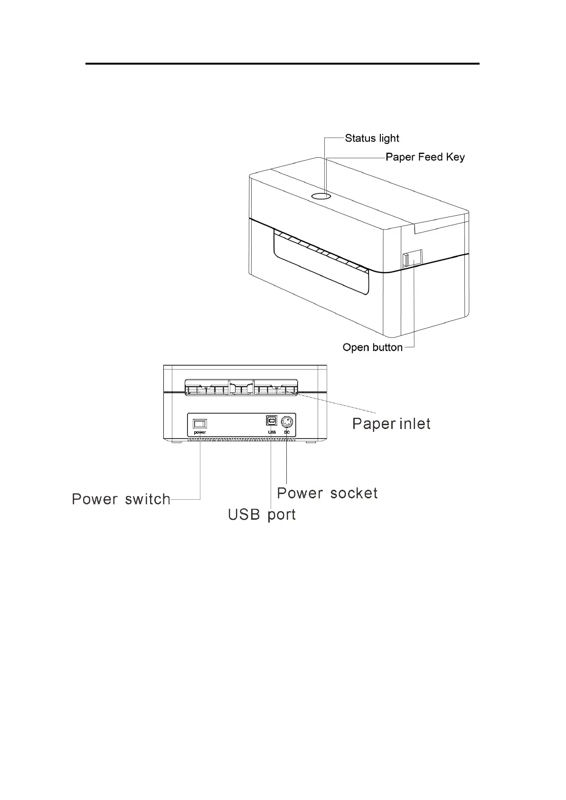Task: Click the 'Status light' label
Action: [x=372, y=138]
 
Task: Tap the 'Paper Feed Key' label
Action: [x=425, y=157]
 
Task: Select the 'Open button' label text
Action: [x=372, y=348]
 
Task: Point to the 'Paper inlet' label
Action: [x=391, y=423]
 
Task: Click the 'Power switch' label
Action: [x=121, y=499]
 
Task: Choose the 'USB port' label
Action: [x=262, y=514]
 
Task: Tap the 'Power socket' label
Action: [x=327, y=493]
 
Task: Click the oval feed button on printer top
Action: [x=321, y=196]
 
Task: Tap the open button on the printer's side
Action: [x=411, y=258]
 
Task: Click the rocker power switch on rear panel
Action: [x=199, y=423]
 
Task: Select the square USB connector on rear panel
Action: [x=272, y=421]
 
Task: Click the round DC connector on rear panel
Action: [x=287, y=422]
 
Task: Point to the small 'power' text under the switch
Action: [x=199, y=433]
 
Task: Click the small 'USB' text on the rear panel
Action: [x=272, y=432]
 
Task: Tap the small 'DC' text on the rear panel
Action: [x=287, y=432]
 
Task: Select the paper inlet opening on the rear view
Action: [x=241, y=388]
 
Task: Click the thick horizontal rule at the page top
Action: [x=283, y=63]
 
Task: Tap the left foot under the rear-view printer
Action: [x=177, y=442]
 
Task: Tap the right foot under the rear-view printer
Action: [x=311, y=442]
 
